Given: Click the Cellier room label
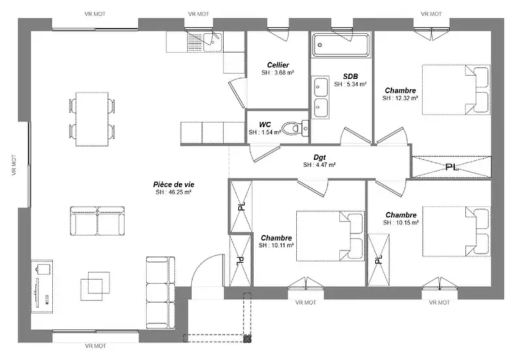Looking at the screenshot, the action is point(278,65).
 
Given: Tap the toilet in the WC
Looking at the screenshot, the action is point(295,128).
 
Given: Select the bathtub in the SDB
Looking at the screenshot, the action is point(341,45).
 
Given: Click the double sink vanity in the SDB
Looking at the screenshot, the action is point(320,97).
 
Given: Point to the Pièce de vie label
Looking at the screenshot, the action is point(174,185).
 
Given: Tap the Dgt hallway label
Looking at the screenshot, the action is point(320,157).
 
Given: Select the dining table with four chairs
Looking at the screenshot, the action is point(92,119).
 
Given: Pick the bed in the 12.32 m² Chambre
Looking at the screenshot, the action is point(456,90).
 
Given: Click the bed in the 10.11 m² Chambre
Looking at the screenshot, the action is point(330,235).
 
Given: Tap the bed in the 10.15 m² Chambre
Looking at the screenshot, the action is point(456,232).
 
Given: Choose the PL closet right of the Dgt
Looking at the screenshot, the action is point(452,167).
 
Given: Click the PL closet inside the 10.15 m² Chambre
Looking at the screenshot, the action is point(378,259).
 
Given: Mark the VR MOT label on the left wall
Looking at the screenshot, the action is point(14,165).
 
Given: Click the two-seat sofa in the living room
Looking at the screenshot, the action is point(97,220).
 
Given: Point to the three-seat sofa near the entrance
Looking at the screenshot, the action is point(161,292).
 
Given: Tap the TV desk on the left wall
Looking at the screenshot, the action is point(42,286).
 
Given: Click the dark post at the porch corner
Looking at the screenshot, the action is point(247,339).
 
